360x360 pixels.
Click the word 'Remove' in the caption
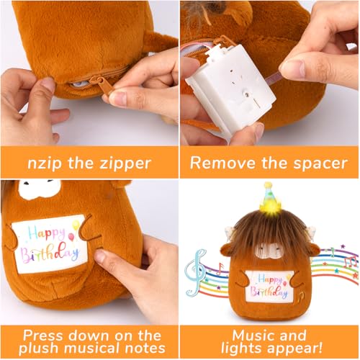(222, 163)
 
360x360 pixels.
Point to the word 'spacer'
(320, 164)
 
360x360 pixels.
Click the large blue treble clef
(195, 273)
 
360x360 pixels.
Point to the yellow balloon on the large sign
(76, 225)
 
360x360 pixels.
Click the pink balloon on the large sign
(71, 237)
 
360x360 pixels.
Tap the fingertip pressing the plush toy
(102, 256)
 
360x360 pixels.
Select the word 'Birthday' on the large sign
(50, 253)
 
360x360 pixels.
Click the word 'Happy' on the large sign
(46, 233)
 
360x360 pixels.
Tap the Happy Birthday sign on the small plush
(269, 286)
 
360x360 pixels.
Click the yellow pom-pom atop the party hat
(268, 185)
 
